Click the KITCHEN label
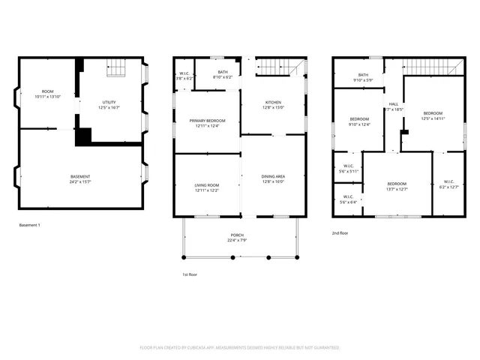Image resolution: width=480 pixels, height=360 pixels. click(x=273, y=104)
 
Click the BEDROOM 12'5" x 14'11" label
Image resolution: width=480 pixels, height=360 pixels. click(x=433, y=115)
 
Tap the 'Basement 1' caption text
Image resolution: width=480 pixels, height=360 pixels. click(x=29, y=226)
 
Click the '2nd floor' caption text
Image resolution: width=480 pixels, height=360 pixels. click(x=340, y=233)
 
